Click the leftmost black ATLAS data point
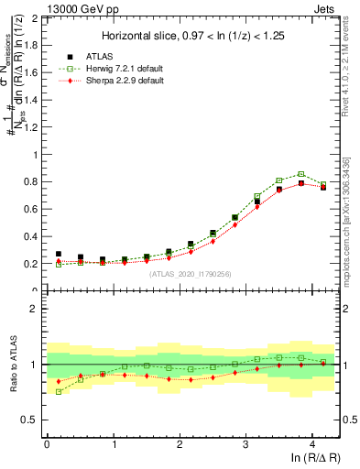[59, 254]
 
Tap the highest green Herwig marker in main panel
[301, 174]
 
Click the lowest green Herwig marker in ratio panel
[59, 391]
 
